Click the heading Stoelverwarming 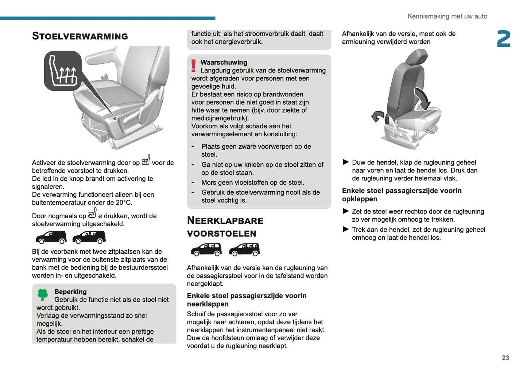coord(80,36)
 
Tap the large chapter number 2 coord(504,39)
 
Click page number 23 coord(505,358)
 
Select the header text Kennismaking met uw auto coord(447,16)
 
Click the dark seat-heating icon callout coord(63,71)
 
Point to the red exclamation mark coord(194,66)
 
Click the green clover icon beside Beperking coord(43,294)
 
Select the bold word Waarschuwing coord(224,62)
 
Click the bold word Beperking coord(70,292)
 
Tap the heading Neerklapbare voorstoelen coord(225,227)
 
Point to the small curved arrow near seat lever coord(377,116)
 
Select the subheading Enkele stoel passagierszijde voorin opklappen coord(402,195)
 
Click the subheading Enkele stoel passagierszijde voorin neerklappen coord(247,300)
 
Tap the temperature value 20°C coord(124,203)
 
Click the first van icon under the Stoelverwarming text coord(51,237)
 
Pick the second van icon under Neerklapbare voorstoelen coord(244,250)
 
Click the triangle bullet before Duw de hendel coord(346,162)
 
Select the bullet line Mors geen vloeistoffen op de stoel coord(252,183)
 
